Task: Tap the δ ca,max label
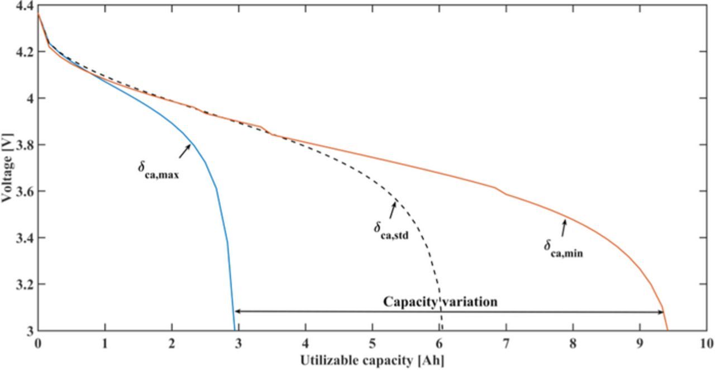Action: click(x=158, y=168)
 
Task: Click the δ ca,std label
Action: click(x=391, y=230)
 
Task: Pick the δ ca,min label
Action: click(x=563, y=248)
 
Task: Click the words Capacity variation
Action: click(x=440, y=302)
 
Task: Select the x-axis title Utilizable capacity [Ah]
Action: click(x=372, y=360)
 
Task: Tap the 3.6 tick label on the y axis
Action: click(x=25, y=192)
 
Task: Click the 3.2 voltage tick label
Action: click(x=25, y=284)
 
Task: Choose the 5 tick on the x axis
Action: click(x=373, y=342)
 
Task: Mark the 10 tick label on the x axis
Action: click(x=707, y=342)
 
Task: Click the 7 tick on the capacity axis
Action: click(x=507, y=342)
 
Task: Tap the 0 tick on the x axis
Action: click(x=38, y=342)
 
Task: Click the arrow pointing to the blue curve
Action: click(x=185, y=150)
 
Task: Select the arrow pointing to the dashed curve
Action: click(x=392, y=210)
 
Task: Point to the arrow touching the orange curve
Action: click(x=564, y=227)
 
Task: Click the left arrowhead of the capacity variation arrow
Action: click(x=238, y=311)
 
